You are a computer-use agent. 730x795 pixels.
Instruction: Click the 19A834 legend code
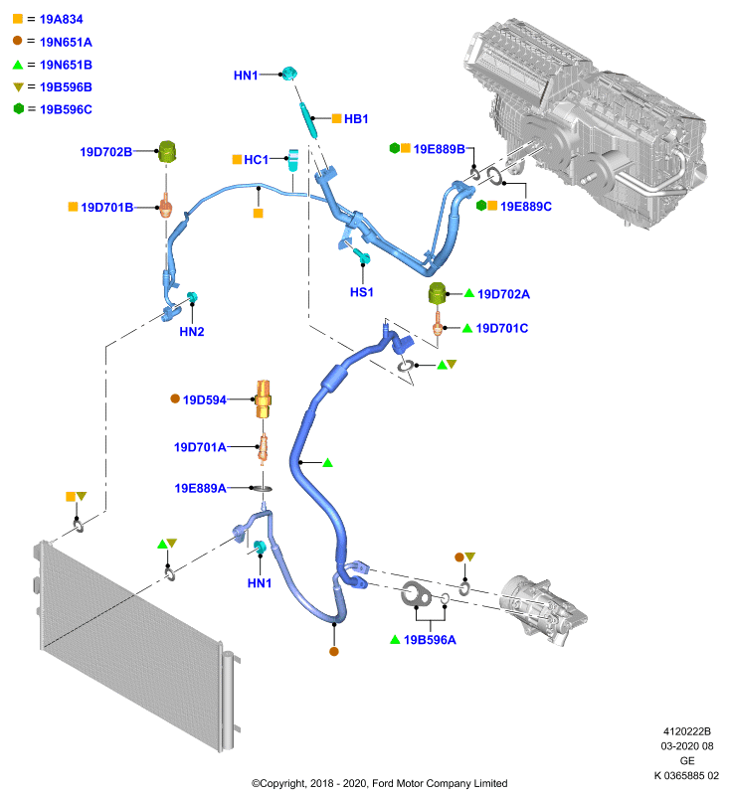61,19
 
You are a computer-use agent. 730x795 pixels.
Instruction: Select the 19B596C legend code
66,109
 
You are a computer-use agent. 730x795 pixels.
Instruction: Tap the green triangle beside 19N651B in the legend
18,65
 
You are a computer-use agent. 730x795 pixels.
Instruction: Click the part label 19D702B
106,152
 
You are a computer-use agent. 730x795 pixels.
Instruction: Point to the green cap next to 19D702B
167,152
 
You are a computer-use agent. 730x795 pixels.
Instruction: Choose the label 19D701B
107,208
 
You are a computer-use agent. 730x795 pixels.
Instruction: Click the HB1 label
356,119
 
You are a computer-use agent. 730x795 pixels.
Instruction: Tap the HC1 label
257,160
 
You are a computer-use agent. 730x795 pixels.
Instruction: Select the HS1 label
362,292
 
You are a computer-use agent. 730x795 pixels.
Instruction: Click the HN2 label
192,332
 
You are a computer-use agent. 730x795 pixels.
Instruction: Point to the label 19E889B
440,149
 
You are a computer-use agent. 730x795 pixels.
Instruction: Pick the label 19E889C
526,207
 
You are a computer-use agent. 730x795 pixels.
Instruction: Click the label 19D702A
504,294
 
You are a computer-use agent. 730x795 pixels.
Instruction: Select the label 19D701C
502,329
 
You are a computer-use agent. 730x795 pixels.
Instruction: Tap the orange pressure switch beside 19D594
263,399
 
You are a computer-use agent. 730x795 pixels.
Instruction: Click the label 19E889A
200,488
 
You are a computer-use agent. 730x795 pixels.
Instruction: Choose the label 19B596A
430,640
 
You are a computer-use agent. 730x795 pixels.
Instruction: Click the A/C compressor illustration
543,611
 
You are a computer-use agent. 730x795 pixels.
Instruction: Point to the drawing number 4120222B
687,731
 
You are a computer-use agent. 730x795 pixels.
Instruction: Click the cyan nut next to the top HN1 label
289,74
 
